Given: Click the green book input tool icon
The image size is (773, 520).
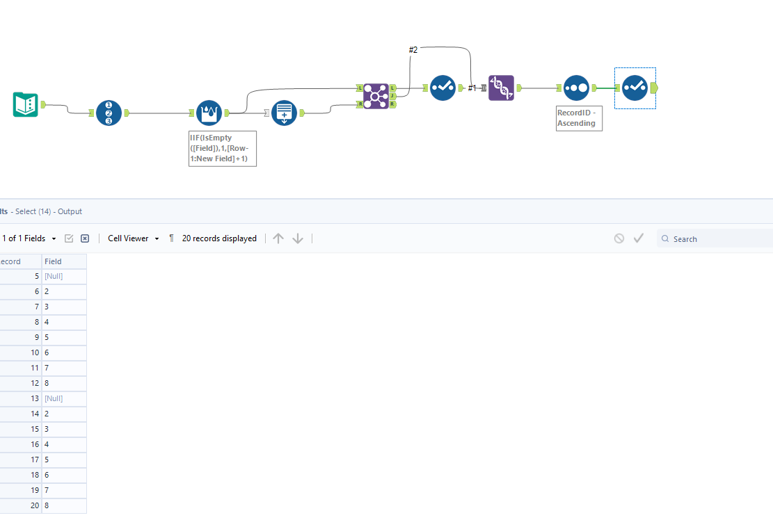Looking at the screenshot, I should pyautogui.click(x=25, y=105).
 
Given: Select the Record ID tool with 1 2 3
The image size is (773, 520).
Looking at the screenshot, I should pyautogui.click(x=109, y=113).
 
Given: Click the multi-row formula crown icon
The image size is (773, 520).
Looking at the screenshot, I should pyautogui.click(x=209, y=113).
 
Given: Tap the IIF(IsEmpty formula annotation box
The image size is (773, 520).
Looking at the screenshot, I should pyautogui.click(x=222, y=149).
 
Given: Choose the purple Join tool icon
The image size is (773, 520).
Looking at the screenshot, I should pyautogui.click(x=376, y=96).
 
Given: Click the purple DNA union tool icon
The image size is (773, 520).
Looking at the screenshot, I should pyautogui.click(x=501, y=88).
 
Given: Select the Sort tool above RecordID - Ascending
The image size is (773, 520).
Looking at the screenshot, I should pyautogui.click(x=576, y=88).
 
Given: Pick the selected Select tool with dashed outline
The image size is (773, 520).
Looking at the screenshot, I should pyautogui.click(x=635, y=88).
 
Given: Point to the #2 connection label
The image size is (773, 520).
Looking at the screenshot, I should pyautogui.click(x=413, y=50).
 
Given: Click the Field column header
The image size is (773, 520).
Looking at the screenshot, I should pyautogui.click(x=54, y=261).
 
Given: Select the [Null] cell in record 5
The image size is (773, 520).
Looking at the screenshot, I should pyautogui.click(x=54, y=277).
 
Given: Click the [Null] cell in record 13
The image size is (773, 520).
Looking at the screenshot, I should pyautogui.click(x=54, y=399).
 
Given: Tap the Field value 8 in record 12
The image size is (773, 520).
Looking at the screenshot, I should pyautogui.click(x=47, y=384).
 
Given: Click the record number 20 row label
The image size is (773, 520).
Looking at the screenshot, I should pyautogui.click(x=33, y=506).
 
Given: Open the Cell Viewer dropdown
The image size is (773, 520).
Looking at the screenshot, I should pyautogui.click(x=133, y=238).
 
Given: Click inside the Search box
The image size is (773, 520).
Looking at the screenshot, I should pyautogui.click(x=717, y=239).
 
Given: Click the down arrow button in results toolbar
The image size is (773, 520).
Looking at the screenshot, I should pyautogui.click(x=298, y=238).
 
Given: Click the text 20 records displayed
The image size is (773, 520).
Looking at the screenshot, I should pyautogui.click(x=219, y=238).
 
